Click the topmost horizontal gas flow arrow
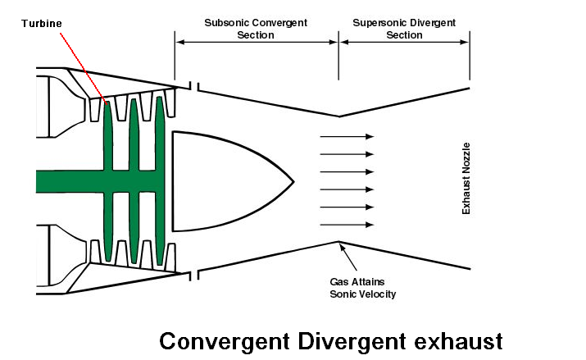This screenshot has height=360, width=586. coord(347,136)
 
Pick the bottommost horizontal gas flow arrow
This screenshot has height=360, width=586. coord(347,225)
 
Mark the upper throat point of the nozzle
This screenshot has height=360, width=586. coord(338,116)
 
